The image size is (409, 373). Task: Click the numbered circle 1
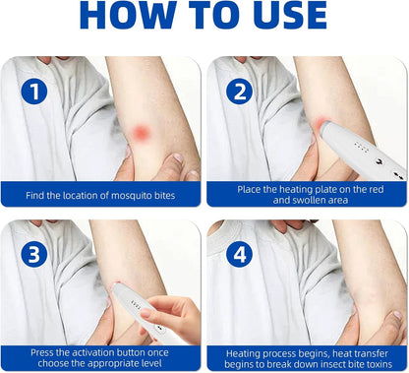(34, 92)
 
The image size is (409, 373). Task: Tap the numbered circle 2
(240, 92)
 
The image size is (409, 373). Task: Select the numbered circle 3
(34, 254)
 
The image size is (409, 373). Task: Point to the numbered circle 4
(240, 254)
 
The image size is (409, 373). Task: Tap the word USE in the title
(291, 15)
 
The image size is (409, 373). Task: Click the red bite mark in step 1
(142, 133)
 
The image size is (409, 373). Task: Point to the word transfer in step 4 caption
(369, 353)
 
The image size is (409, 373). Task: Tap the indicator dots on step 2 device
(362, 148)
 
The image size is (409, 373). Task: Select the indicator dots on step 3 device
(136, 304)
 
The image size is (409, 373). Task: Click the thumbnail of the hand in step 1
(178, 157)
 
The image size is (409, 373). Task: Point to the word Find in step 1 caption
(35, 196)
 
